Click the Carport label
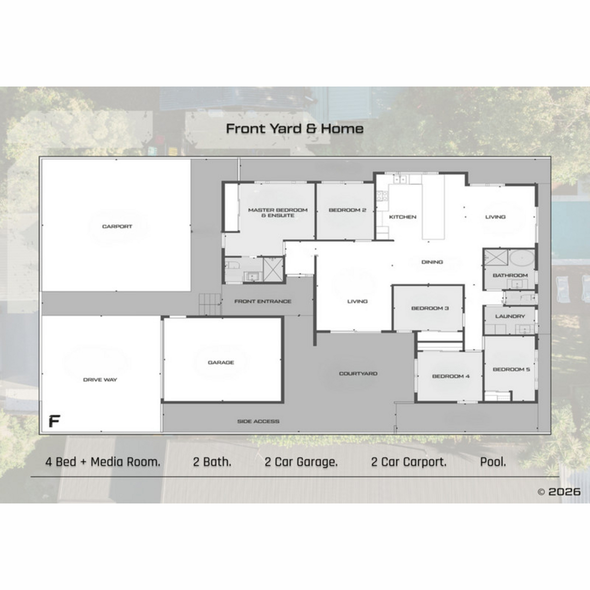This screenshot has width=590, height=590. point(117,227)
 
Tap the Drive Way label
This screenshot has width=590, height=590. point(100,380)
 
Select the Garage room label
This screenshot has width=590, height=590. point(221,362)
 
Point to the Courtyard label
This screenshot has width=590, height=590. point(358,374)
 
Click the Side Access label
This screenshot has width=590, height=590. point(258,421)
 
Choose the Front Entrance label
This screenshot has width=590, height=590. point(263,301)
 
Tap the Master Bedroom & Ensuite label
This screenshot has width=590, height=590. point(278,212)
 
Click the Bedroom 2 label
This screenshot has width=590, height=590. point(348,210)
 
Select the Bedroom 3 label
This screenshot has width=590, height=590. point(430,308)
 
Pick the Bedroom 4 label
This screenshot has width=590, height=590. point(451,376)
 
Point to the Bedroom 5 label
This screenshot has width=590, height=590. point(511,369)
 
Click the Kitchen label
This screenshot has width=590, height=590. point(403,217)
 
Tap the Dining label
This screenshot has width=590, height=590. point(432,262)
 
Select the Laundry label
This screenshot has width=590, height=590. point(510,316)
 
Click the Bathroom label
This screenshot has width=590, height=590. point(510,275)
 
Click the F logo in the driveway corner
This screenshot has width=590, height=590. point(55,421)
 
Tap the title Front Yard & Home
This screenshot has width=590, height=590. point(295,129)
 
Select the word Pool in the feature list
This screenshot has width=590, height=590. point(493,462)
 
